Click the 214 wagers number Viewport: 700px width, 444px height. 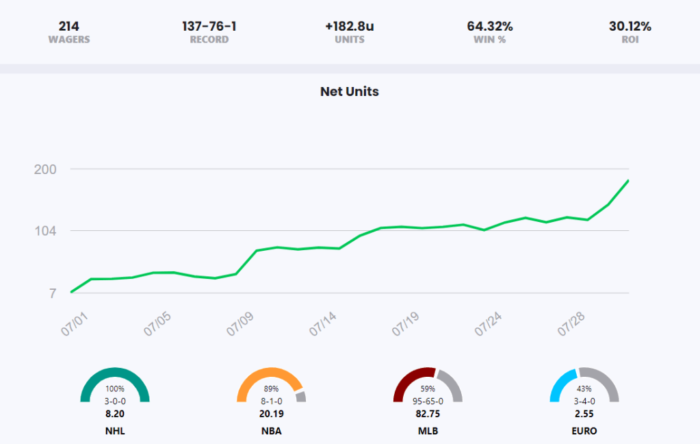tap(68, 27)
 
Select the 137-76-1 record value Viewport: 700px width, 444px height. tap(209, 27)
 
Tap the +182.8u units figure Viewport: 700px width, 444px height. tap(349, 27)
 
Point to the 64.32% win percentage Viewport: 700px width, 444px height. tap(490, 27)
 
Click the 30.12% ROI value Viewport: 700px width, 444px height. tap(630, 27)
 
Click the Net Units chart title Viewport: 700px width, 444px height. tap(349, 91)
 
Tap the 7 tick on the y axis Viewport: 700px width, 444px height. tap(52, 293)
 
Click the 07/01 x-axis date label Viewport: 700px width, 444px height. tap(76, 321)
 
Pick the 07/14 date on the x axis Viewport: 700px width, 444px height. tap(324, 321)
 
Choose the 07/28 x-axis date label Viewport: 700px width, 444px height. tap(572, 321)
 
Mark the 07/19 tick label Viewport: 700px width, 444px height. tap(406, 321)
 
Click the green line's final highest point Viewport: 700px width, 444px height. tap(628, 181)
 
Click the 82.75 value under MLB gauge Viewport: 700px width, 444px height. tap(428, 414)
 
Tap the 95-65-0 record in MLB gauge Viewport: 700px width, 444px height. tap(428, 401)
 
